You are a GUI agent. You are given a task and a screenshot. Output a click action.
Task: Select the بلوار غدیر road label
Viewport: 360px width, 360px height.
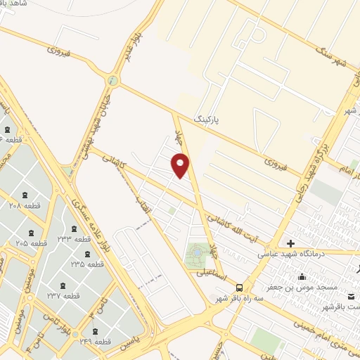pyautogui.click(x=134, y=46)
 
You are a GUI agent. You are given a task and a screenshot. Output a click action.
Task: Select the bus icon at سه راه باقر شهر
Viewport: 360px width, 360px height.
pyautogui.click(x=240, y=288)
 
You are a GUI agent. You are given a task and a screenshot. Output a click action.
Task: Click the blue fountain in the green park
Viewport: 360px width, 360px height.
pyautogui.click(x=198, y=251)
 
